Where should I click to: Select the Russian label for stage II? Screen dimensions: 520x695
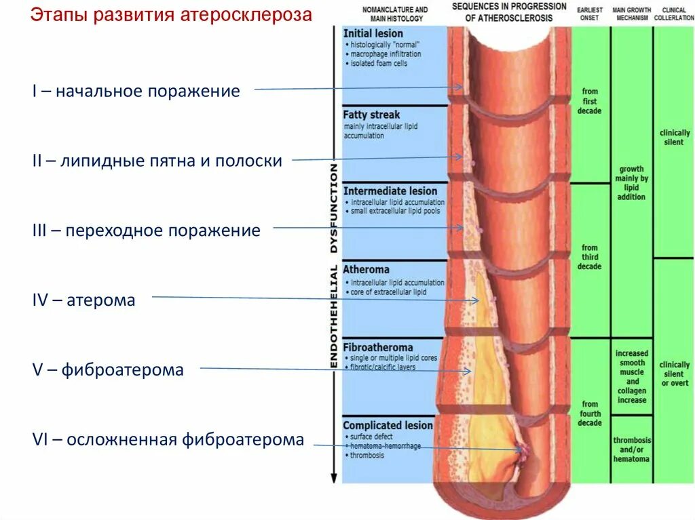[x=157, y=161]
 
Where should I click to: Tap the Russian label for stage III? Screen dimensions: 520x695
[x=146, y=231]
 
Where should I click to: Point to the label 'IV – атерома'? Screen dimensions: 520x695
[x=83, y=300]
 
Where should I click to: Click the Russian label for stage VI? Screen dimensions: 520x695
[x=168, y=439]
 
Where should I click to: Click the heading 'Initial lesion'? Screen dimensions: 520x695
[x=373, y=33]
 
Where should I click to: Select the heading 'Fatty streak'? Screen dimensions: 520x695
[x=371, y=115]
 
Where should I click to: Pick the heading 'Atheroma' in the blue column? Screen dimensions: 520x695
[x=366, y=269]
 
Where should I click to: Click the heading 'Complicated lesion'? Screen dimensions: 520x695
[x=388, y=425]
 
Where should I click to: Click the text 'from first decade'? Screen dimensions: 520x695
[x=590, y=101]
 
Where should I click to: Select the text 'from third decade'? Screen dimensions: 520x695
[x=589, y=257]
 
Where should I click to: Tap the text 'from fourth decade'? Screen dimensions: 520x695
[x=590, y=414]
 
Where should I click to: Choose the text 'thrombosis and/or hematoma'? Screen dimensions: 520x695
[x=631, y=449]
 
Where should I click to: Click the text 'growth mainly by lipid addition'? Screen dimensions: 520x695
[x=631, y=183]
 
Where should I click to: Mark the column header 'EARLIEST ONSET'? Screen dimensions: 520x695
[x=589, y=14]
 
